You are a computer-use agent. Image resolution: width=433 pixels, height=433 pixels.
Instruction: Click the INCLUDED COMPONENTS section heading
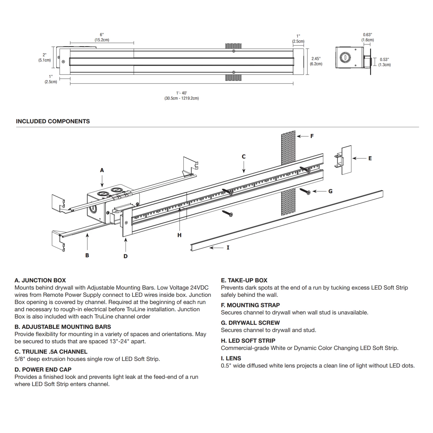pos(53,121)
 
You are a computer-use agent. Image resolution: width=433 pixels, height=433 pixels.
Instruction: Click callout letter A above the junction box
pos(102,170)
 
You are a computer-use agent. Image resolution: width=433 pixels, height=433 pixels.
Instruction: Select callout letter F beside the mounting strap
pos(312,136)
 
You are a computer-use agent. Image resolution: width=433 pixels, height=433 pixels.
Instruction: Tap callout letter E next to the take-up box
pos(370,158)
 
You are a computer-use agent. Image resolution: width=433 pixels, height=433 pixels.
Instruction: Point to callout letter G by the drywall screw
pos(330,191)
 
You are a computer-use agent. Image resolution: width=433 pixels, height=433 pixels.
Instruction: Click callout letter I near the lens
pos(228,247)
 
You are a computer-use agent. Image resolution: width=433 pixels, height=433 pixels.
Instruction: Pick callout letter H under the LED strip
pos(179,235)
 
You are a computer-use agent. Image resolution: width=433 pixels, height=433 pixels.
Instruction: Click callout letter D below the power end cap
pos(125,256)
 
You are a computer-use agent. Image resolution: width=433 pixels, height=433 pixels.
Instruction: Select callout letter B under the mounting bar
pos(87,255)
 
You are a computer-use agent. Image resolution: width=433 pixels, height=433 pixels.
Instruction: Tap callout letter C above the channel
pos(244,156)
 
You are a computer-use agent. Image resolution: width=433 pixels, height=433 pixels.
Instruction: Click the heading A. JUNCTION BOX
pos(40,280)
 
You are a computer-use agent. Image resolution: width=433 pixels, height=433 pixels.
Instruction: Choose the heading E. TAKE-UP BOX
pos(244,280)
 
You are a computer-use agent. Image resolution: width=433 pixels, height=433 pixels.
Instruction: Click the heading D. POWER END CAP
pos(43,369)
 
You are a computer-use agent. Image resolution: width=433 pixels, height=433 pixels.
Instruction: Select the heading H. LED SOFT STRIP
pos(248,341)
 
